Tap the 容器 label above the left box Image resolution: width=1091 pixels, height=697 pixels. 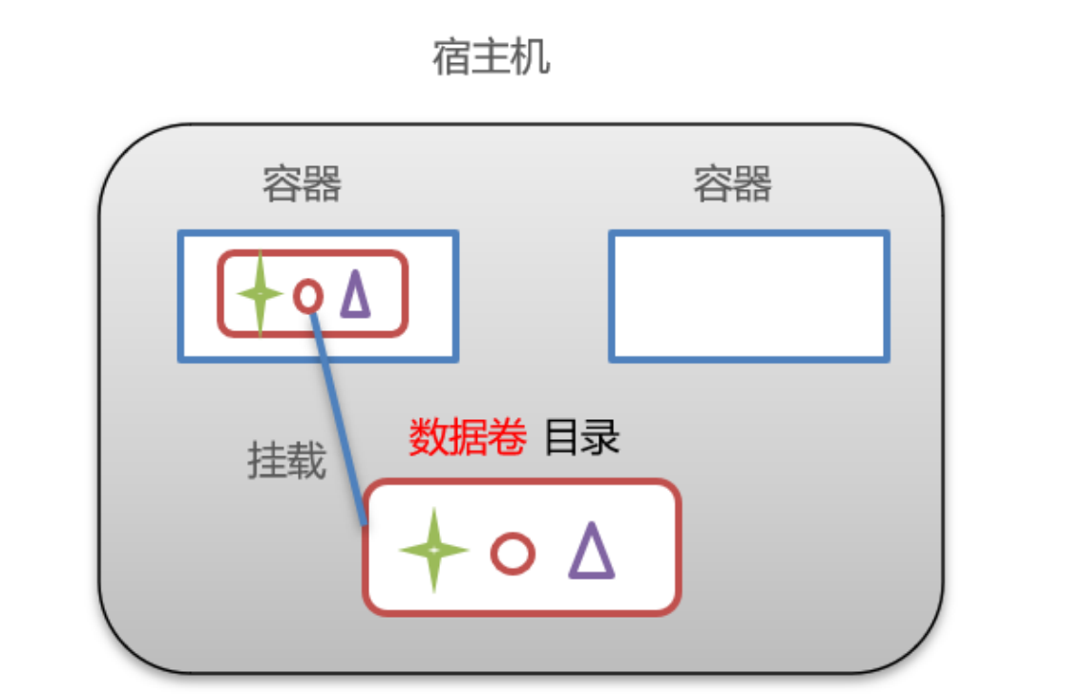(302, 184)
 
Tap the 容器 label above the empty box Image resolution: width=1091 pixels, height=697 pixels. (732, 184)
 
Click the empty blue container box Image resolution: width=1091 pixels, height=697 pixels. (749, 296)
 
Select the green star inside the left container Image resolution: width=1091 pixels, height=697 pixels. (259, 294)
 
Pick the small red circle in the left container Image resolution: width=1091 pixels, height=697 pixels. (307, 296)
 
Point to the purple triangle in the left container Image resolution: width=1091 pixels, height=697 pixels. (355, 294)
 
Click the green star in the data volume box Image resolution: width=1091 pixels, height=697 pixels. (434, 550)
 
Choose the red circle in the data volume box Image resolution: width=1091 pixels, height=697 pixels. (513, 554)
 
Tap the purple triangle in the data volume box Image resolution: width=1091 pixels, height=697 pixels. (592, 552)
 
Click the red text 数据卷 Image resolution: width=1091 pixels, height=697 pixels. (468, 437)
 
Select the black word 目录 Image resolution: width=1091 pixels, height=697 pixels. (582, 437)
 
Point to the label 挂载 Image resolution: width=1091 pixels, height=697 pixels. (286, 461)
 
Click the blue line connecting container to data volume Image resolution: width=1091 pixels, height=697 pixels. (339, 420)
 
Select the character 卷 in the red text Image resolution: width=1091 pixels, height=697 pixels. (507, 437)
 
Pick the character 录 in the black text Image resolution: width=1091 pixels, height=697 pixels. (601, 437)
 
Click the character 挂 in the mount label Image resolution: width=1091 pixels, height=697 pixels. (267, 461)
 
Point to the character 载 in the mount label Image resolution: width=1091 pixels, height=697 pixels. (306, 461)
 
